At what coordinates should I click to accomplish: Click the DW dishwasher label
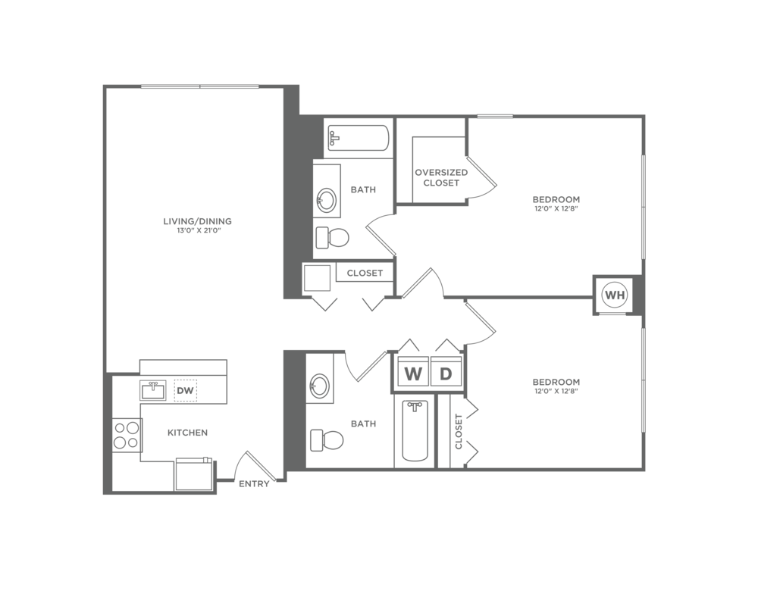tap(185, 390)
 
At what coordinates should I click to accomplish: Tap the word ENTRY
tap(254, 484)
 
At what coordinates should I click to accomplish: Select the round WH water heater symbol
tap(614, 295)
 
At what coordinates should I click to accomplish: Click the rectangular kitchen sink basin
tap(153, 391)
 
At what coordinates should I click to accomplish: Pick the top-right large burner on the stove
tap(133, 428)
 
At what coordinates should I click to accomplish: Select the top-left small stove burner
tap(121, 428)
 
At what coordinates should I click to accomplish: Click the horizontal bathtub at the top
tap(358, 138)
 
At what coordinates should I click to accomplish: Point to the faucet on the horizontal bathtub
tap(334, 138)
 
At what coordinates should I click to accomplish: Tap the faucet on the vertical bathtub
tap(415, 407)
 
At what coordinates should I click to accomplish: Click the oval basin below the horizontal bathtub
tap(327, 202)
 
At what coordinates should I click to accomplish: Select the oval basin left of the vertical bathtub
tap(319, 386)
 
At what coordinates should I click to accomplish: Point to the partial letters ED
tap(463, 173)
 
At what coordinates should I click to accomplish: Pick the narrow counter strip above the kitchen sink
tap(183, 367)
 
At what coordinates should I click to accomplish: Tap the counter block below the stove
tap(143, 476)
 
